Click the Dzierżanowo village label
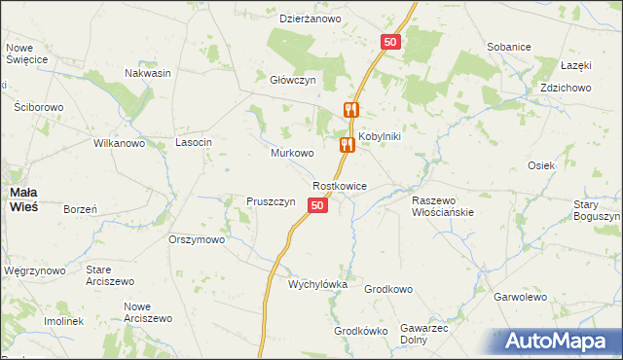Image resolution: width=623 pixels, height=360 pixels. pyautogui.click(x=310, y=18)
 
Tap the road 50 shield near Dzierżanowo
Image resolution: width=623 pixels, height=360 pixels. pyautogui.click(x=390, y=42)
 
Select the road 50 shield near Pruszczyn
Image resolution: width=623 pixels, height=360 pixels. pyautogui.click(x=317, y=204)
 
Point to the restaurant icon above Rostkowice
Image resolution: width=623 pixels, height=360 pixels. pyautogui.click(x=347, y=146)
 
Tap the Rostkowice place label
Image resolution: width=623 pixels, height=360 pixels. pyautogui.click(x=340, y=185)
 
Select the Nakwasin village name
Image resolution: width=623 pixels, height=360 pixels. pyautogui.click(x=148, y=73)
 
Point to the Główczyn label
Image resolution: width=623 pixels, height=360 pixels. pyautogui.click(x=294, y=81)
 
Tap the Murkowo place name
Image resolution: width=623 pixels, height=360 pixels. pyautogui.click(x=292, y=154)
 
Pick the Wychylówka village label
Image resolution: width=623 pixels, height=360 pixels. pyautogui.click(x=317, y=284)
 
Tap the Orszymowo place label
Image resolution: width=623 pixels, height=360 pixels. pyautogui.click(x=197, y=239)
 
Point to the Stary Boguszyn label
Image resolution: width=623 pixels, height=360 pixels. pyautogui.click(x=597, y=210)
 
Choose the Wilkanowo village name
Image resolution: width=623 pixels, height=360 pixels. pyautogui.click(x=119, y=143)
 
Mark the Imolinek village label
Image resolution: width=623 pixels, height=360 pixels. pyautogui.click(x=63, y=321)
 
